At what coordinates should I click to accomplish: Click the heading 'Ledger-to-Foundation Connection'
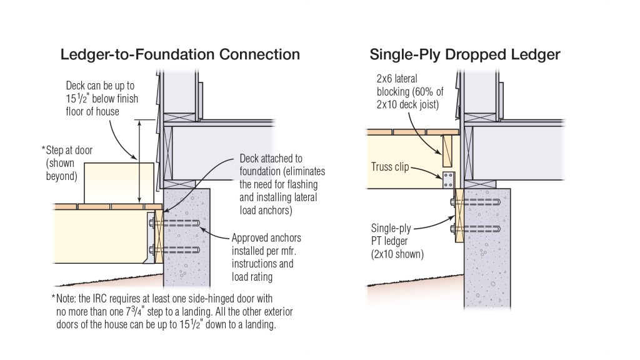[x=180, y=54]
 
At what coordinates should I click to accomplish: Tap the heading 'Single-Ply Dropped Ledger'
[x=464, y=54]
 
